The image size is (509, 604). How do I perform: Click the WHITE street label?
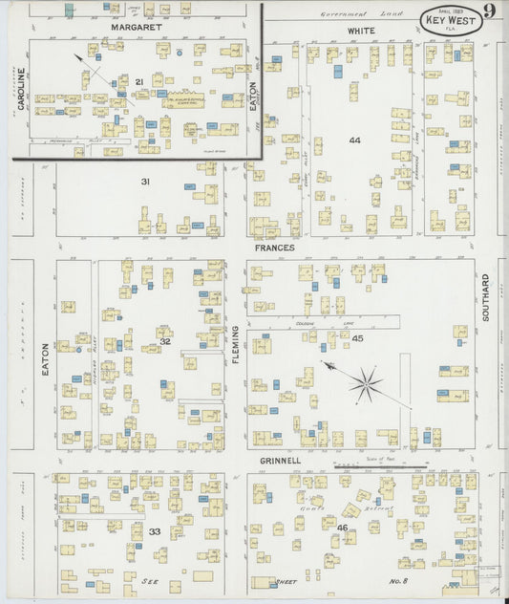pos(360,32)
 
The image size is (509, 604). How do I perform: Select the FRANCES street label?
pos(274,248)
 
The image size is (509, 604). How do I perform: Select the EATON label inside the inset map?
pos(253,96)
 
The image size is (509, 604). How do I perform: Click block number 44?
pos(354,140)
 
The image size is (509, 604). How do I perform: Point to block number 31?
pos(146,182)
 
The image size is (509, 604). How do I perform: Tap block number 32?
pos(164,341)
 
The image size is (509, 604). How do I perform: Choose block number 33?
pos(154,531)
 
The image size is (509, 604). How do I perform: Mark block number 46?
pos(342,528)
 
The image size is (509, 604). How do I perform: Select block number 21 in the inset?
pos(139,82)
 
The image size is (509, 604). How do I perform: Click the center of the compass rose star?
pos(365,385)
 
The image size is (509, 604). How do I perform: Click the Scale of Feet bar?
pos(380,465)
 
